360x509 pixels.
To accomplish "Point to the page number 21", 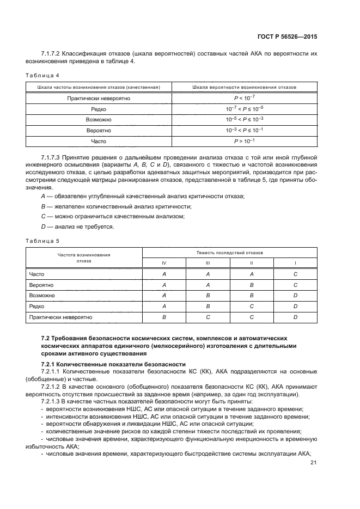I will (x=313, y=463).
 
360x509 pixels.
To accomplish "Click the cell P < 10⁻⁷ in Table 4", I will (x=244, y=99).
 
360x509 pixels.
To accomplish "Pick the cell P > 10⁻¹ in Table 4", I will (x=244, y=142).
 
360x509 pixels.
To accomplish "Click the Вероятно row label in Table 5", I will (x=41, y=285).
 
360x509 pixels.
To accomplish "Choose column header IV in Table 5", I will (x=164, y=263).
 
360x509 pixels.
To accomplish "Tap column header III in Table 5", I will (x=208, y=263).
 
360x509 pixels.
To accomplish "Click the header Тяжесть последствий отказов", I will (x=229, y=253).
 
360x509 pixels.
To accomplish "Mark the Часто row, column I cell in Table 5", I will (x=295, y=274).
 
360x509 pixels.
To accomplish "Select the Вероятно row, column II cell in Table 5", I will (x=252, y=285).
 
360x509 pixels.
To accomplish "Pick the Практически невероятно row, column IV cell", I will (x=164, y=316).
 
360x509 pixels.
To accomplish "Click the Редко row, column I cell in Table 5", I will (x=295, y=306).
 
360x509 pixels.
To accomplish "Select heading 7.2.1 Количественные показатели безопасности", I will (x=113, y=364).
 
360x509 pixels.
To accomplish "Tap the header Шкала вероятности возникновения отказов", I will (x=244, y=87).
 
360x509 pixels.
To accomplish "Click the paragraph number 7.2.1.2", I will (x=52, y=386).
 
